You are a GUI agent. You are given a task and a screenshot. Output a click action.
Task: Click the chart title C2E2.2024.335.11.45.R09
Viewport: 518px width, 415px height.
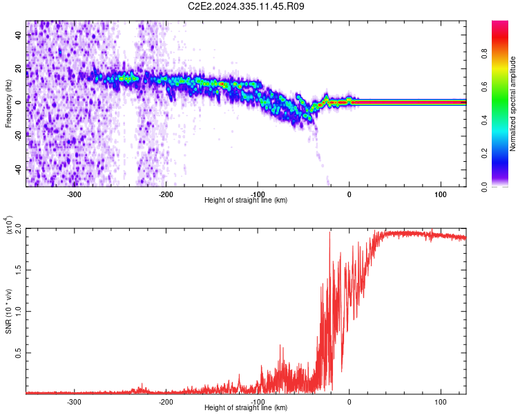tap(247, 6)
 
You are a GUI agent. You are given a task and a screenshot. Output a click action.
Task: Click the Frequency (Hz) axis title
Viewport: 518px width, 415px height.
tap(8, 103)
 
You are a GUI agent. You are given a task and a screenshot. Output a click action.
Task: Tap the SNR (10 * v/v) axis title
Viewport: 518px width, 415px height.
tap(8, 311)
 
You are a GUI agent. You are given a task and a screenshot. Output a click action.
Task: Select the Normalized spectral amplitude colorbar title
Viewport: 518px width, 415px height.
tap(512, 104)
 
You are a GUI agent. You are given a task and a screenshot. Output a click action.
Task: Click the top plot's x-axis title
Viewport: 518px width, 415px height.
tap(246, 200)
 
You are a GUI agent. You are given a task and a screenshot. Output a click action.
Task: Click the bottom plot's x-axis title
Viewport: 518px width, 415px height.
tap(246, 407)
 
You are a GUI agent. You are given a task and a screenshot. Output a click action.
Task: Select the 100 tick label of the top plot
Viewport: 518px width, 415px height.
tap(441, 194)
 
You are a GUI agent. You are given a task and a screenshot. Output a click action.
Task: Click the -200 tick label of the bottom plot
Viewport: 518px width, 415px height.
tap(166, 401)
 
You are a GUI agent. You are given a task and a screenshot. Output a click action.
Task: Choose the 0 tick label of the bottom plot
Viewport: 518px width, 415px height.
tap(349, 401)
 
